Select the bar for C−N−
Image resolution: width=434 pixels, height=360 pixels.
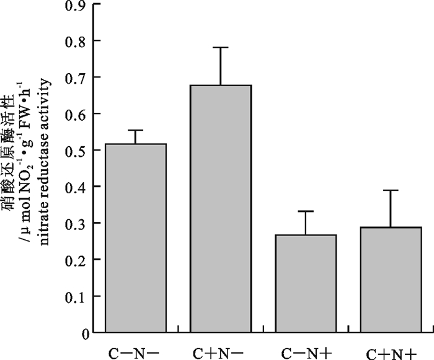click(135, 239)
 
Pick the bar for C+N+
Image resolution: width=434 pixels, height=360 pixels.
click(391, 280)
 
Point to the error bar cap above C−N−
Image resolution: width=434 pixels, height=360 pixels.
click(135, 130)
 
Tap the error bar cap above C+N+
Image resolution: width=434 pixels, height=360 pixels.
click(391, 190)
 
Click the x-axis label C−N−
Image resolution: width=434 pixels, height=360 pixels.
click(135, 351)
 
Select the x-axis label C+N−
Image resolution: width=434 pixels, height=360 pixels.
click(221, 351)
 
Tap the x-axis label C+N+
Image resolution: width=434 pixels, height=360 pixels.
click(391, 352)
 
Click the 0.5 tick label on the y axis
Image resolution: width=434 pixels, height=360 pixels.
click(74, 151)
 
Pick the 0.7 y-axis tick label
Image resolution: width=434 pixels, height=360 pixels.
click(74, 77)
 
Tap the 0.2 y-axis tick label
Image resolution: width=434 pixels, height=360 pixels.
click(74, 260)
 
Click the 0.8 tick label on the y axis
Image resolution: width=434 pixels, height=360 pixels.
click(74, 41)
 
